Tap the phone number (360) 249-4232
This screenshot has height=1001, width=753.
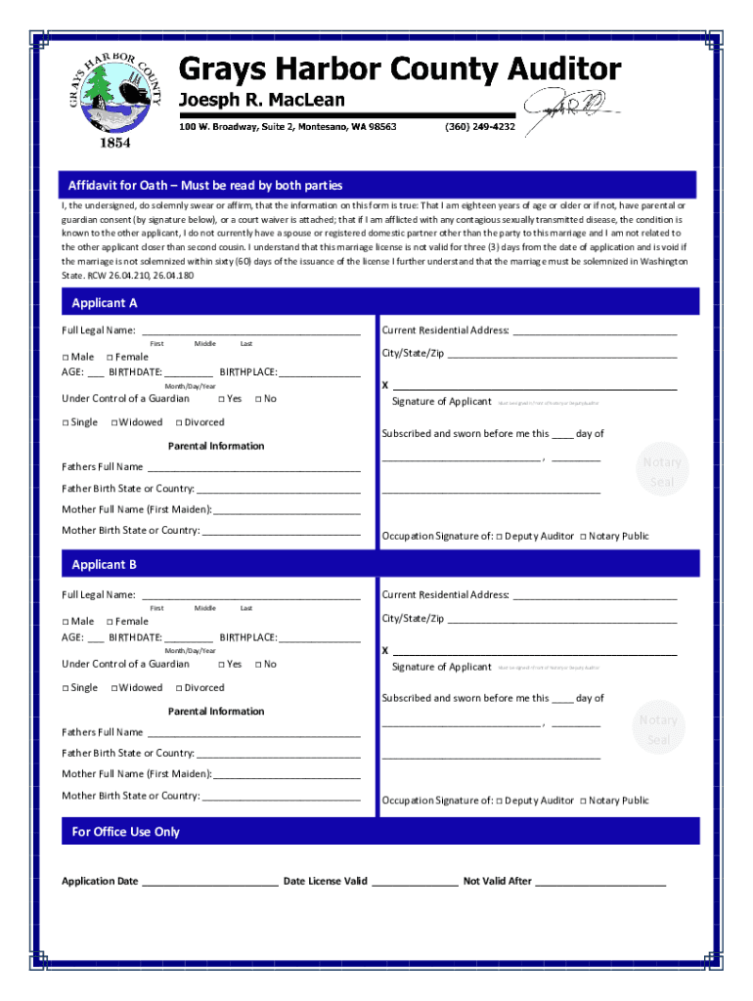coord(479,127)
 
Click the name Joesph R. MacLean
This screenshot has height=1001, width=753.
coord(260,101)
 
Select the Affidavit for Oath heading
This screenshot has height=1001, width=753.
coord(205,186)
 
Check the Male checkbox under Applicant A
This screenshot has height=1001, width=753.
coord(66,358)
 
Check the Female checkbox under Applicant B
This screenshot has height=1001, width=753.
coord(110,622)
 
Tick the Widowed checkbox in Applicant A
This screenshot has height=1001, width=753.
coord(115,423)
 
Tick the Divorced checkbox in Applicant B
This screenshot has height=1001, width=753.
coord(178,688)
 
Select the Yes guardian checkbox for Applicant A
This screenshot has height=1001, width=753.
coord(221,399)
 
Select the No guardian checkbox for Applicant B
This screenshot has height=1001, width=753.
coord(258,665)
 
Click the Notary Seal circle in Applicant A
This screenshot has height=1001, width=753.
coord(662,472)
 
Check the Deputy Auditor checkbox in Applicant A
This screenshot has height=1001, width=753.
coord(499,537)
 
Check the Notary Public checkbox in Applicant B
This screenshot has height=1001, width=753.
coord(583,802)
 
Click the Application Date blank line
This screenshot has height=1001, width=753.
coord(209,883)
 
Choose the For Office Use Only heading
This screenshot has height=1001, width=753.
coord(126,832)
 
